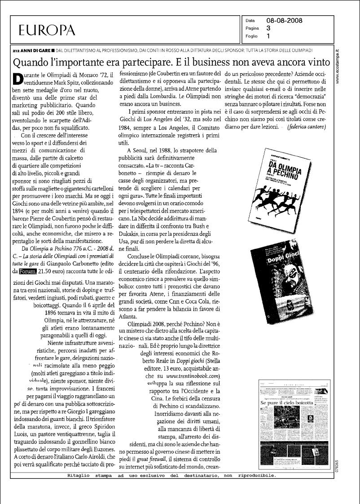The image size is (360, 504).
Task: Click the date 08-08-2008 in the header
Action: pos(284,21)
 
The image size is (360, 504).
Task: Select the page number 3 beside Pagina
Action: pos(268,28)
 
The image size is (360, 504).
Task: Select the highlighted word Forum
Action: pos(27,271)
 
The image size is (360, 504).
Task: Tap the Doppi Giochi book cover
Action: pos(284,281)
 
